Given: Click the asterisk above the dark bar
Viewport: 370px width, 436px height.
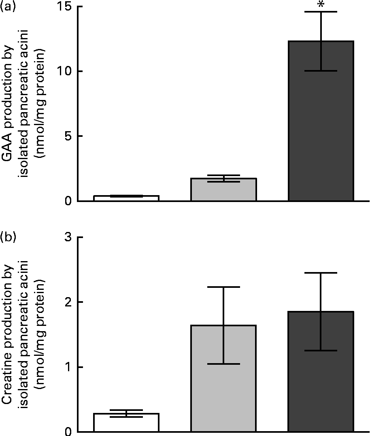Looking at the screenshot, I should tap(321, 5).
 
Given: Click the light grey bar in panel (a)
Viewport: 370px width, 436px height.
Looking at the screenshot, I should tap(223, 189).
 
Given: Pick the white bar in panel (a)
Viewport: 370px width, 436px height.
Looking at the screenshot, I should tap(126, 198).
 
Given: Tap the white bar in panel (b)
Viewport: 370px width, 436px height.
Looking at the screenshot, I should tap(126, 422).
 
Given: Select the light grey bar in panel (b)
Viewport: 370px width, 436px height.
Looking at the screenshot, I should tap(223, 378).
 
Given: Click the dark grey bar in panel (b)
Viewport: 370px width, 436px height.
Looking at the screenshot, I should tap(321, 371).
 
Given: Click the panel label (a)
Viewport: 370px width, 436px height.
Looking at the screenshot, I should tap(8, 7).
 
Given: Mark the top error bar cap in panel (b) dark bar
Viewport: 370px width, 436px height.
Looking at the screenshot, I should tap(321, 273).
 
